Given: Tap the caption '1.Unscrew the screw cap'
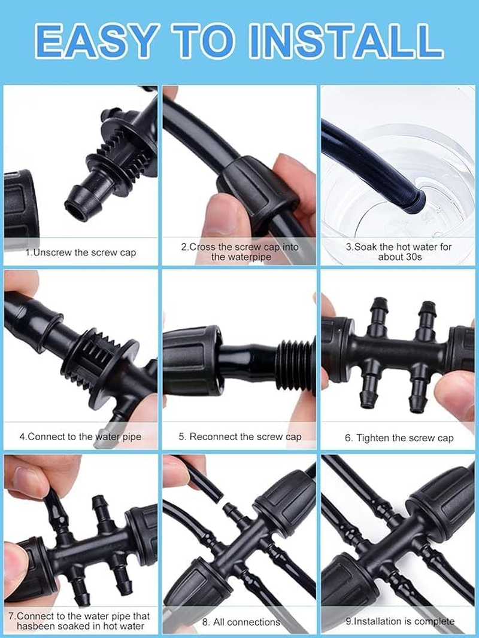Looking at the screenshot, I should (x=81, y=252).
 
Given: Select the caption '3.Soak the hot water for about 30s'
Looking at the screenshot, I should (x=399, y=252).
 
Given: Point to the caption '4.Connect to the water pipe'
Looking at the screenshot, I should (x=80, y=436).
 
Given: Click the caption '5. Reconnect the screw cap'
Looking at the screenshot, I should (x=239, y=436).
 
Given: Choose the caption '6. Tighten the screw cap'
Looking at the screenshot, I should (x=399, y=438).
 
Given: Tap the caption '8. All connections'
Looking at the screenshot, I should (x=239, y=622).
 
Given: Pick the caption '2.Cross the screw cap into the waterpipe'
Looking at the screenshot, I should (x=239, y=252).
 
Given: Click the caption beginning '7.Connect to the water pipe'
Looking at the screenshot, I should (x=80, y=621).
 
